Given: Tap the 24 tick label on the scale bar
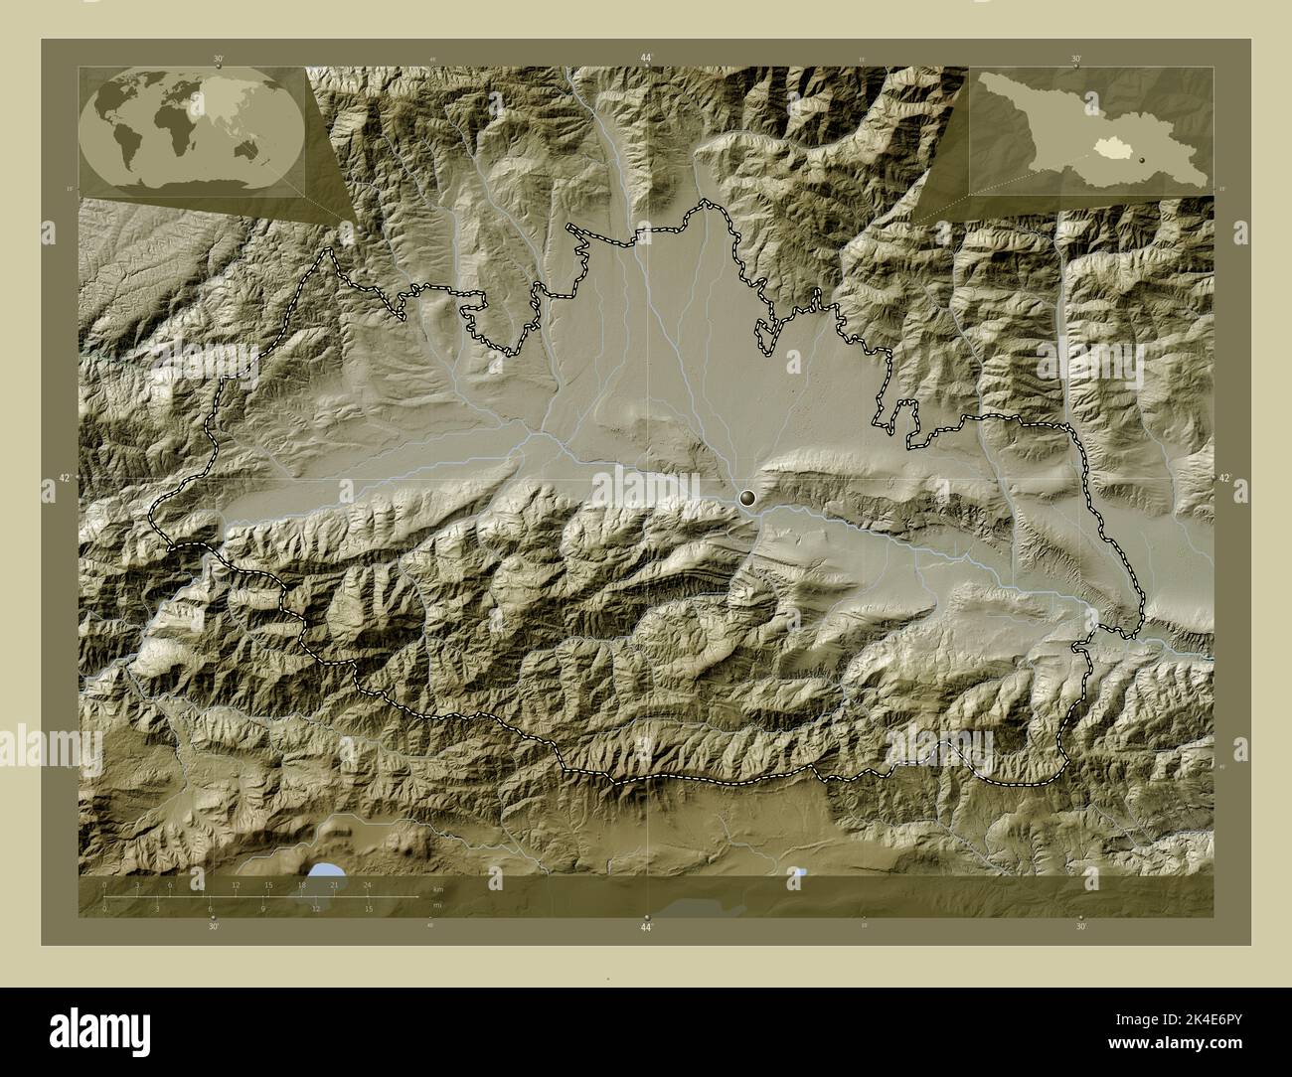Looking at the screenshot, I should tap(367, 884).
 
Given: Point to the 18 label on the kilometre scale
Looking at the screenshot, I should tap(300, 884).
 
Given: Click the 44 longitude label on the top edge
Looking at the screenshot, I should tap(646, 59).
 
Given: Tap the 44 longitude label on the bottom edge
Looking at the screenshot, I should tap(646, 927).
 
